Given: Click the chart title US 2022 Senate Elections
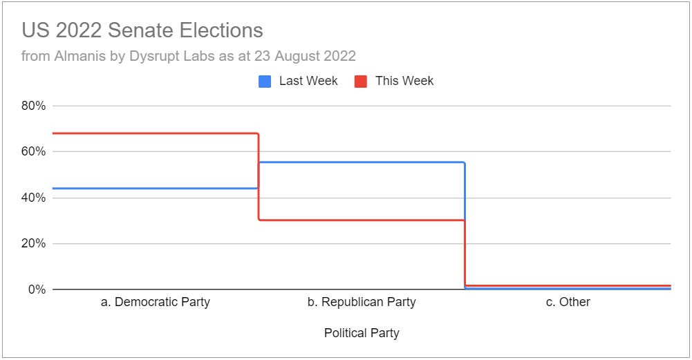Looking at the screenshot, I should click(x=142, y=30).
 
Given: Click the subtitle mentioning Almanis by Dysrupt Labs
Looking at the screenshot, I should click(x=188, y=55).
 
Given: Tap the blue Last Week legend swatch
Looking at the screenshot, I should click(x=265, y=82).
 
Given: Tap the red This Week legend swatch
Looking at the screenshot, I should click(x=361, y=82).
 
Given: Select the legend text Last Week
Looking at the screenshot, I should click(x=308, y=81).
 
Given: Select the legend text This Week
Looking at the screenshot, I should click(x=404, y=81).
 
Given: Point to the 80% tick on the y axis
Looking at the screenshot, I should click(x=34, y=106).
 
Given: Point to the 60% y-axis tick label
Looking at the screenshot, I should click(x=34, y=151).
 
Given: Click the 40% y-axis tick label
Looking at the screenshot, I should click(x=34, y=198).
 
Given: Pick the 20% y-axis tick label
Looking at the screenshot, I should click(x=34, y=243).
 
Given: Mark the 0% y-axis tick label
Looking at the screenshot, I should click(x=37, y=290).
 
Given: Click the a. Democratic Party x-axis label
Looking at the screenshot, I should click(x=155, y=302).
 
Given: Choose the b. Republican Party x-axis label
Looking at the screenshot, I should click(x=362, y=302).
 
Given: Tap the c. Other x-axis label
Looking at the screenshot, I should click(x=568, y=302).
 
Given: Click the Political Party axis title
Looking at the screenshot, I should click(x=362, y=333).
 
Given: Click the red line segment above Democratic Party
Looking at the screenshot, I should click(x=155, y=133).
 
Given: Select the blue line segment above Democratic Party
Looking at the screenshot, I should click(x=155, y=188).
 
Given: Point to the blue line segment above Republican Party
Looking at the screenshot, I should click(x=362, y=162).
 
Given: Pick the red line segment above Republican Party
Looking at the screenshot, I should click(x=362, y=220).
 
